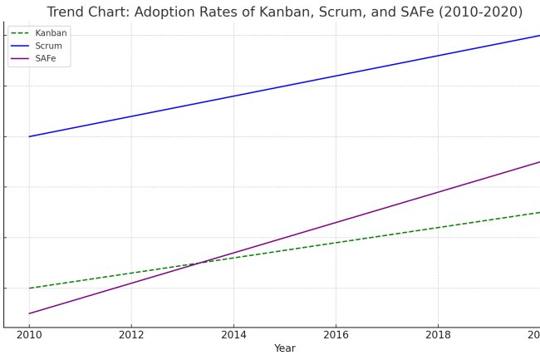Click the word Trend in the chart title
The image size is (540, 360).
click(x=66, y=12)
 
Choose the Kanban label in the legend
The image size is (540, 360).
click(x=52, y=32)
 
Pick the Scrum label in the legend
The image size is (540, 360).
click(x=49, y=46)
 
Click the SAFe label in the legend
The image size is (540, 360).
click(x=47, y=59)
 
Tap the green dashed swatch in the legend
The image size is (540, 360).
click(x=21, y=32)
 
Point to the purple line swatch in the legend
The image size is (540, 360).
click(x=21, y=59)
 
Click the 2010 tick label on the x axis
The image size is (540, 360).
click(x=29, y=335)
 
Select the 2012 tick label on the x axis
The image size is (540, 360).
click(x=131, y=335)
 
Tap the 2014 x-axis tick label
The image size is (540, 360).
click(x=233, y=335)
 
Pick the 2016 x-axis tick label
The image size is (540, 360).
click(x=336, y=335)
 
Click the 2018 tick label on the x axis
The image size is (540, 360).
click(x=438, y=335)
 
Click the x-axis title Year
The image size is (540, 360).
click(x=285, y=348)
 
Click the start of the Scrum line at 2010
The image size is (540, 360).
click(x=29, y=136)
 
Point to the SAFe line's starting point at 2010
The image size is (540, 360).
click(x=29, y=313)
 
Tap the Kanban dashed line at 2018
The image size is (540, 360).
click(x=438, y=227)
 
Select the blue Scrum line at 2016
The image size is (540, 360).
click(x=336, y=76)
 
